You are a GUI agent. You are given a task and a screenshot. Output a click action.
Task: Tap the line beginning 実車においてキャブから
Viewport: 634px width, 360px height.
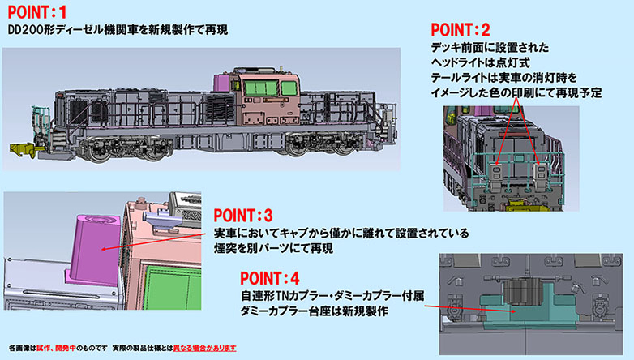coord(341,234)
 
